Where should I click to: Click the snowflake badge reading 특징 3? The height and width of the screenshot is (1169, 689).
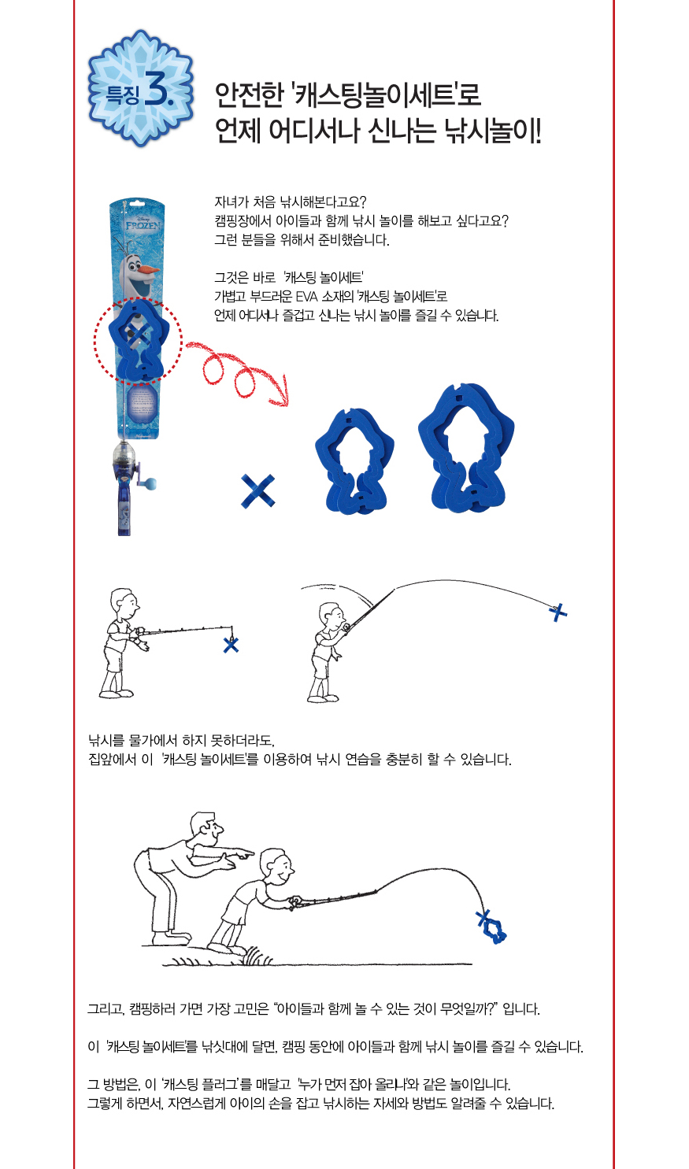[141, 89]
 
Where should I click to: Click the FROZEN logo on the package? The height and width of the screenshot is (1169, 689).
[143, 224]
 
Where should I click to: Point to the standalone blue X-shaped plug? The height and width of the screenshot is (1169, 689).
[257, 490]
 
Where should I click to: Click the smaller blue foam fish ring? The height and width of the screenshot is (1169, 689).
[355, 461]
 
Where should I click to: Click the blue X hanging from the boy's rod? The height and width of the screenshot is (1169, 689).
[231, 645]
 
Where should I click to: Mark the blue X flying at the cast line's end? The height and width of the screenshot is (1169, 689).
[558, 612]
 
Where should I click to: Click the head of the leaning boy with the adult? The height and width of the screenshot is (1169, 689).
[276, 865]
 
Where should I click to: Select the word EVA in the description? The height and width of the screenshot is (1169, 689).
[306, 297]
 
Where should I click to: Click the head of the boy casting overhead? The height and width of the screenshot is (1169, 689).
[332, 616]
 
